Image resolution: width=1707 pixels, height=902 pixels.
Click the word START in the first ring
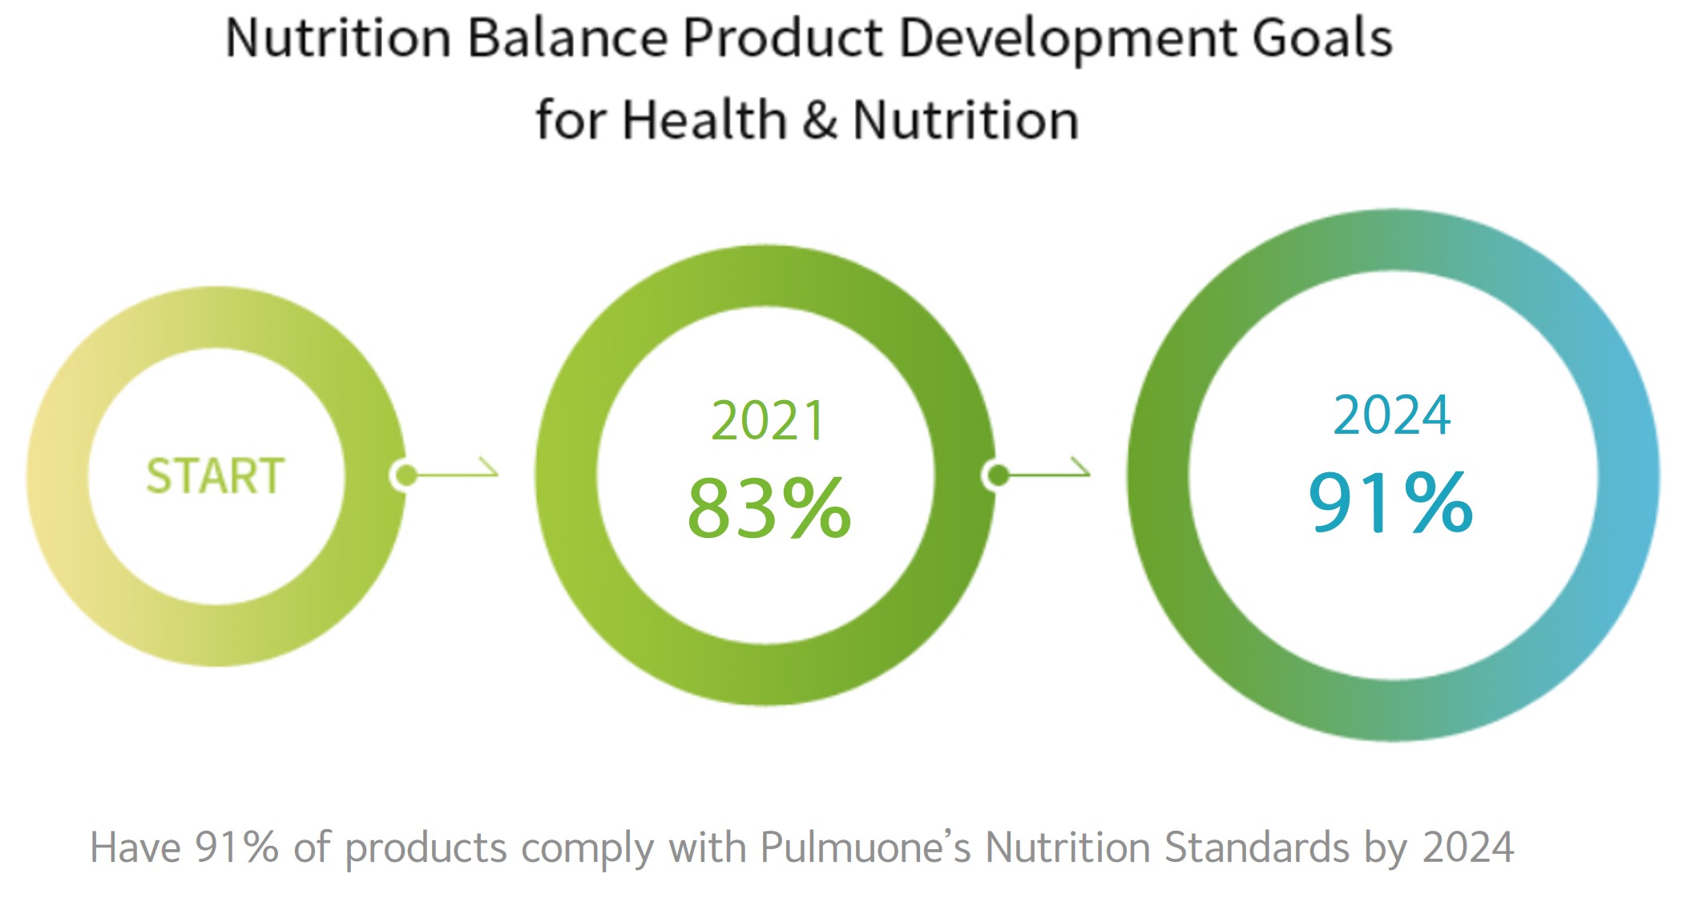(216, 475)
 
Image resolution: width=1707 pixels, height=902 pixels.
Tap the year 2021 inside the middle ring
(768, 421)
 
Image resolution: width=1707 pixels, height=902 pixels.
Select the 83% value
(769, 508)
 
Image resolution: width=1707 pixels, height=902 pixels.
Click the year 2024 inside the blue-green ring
(1391, 415)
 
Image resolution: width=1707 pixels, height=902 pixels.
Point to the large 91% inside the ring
(1390, 503)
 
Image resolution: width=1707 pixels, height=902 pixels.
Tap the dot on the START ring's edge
(406, 475)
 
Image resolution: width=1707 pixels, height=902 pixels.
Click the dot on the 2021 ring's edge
(998, 475)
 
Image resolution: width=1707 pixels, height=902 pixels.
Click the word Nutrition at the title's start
(338, 38)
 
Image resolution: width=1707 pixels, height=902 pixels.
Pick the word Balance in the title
(567, 38)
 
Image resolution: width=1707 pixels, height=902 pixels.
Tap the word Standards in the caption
(1257, 847)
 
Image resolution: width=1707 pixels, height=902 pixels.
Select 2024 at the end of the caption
(1468, 847)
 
